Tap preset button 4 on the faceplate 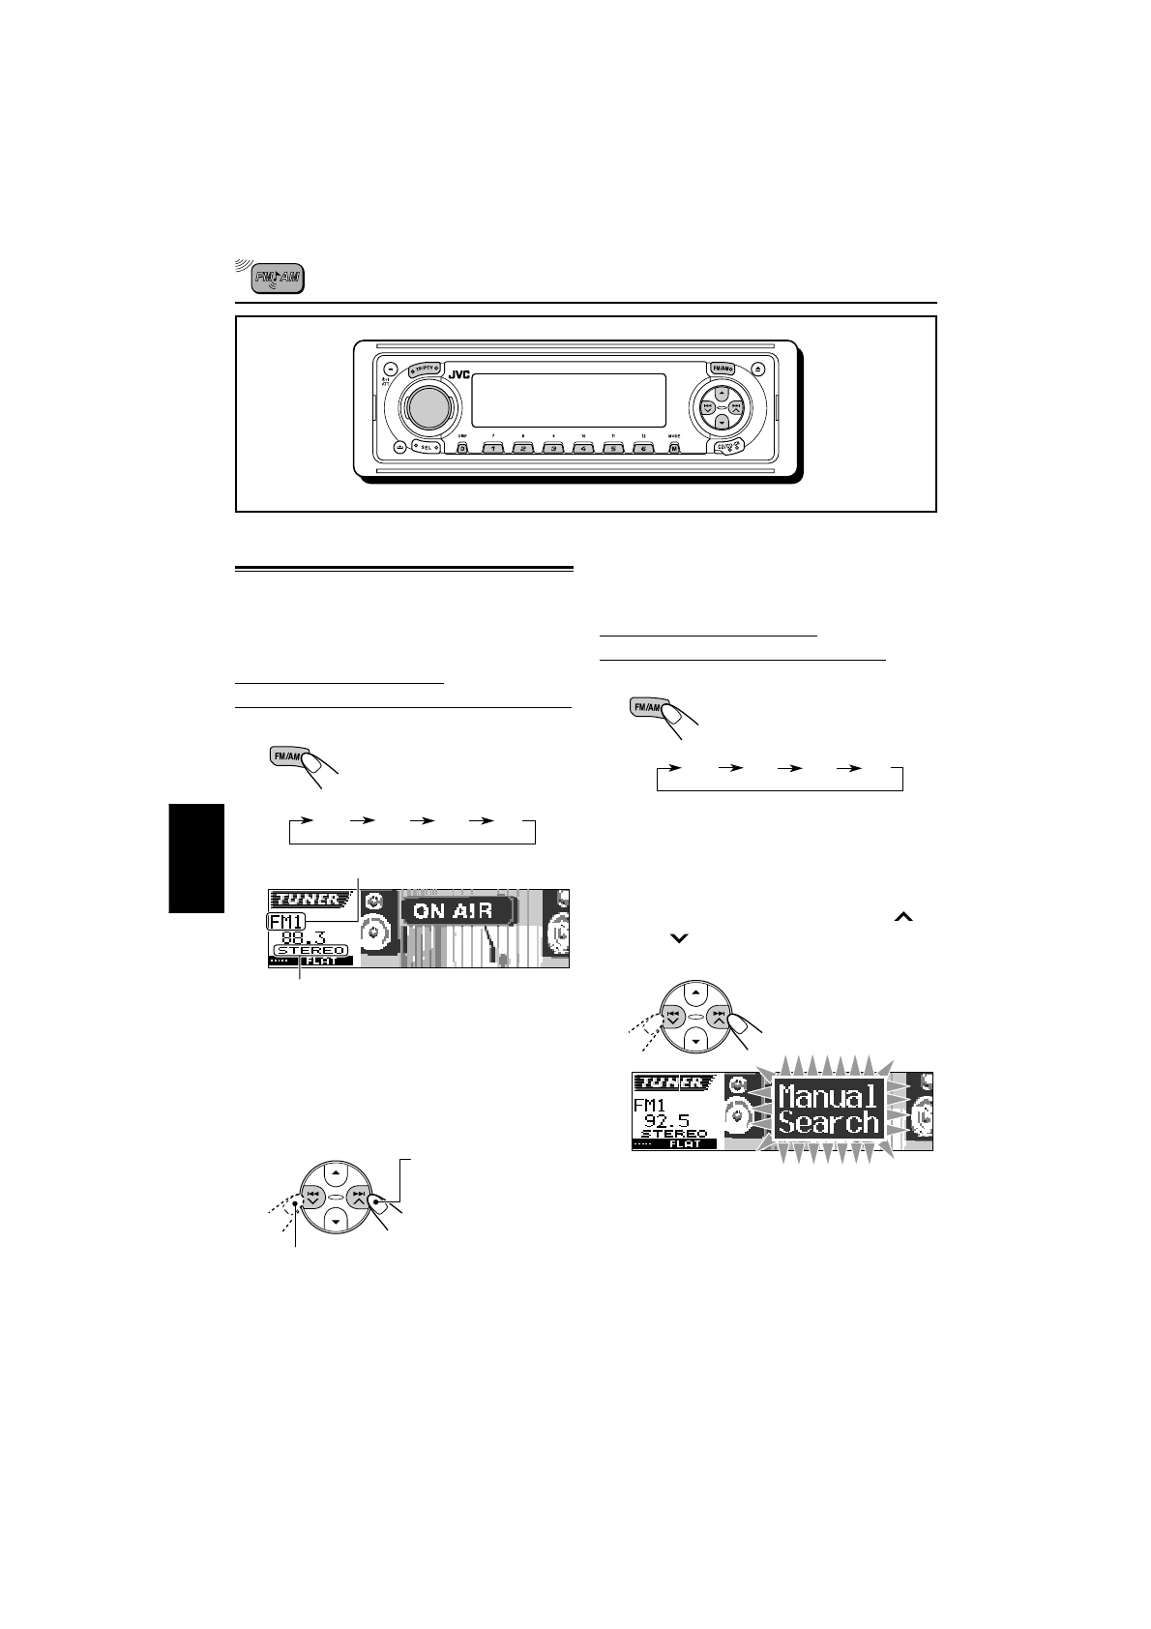583,448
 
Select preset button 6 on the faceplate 644,448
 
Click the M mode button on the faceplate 674,448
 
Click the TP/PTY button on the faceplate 424,370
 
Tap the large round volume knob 422,406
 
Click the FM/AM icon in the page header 278,280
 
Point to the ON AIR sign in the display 454,911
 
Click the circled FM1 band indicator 286,922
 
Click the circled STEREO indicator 310,950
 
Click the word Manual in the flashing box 828,1097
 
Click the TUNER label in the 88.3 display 304,899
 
